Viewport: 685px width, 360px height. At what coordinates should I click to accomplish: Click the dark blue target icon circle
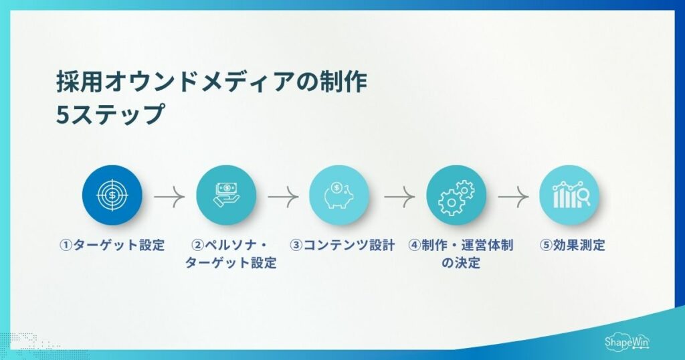coord(112,195)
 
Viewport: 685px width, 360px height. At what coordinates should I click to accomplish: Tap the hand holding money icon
coord(226,195)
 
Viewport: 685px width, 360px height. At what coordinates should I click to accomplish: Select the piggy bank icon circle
coord(339,195)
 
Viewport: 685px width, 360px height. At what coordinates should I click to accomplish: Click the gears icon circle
coord(456,195)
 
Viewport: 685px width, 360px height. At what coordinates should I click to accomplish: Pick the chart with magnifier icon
coord(569,195)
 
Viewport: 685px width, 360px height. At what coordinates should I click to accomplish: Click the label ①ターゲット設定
coord(111,245)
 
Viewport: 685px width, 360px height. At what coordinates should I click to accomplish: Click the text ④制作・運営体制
coord(461,245)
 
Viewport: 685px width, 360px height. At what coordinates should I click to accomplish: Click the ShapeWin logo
coord(627,340)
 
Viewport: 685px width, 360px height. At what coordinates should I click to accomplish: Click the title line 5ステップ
coord(110,114)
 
